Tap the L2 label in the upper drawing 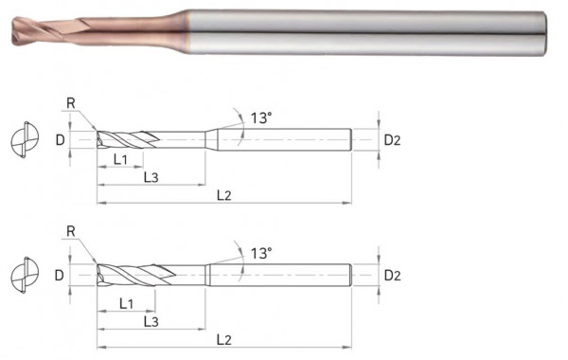pyautogui.click(x=224, y=195)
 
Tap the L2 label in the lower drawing pyautogui.click(x=223, y=338)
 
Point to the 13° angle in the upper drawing pyautogui.click(x=261, y=117)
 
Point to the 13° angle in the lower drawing pyautogui.click(x=261, y=253)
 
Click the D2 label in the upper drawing pyautogui.click(x=393, y=140)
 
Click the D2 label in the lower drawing pyautogui.click(x=393, y=276)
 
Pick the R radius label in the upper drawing pyautogui.click(x=73, y=102)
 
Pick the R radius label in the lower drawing pyautogui.click(x=73, y=231)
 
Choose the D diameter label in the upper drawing pyautogui.click(x=59, y=140)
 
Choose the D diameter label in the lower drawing pyautogui.click(x=59, y=276)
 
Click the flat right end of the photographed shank pyautogui.click(x=545, y=34)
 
